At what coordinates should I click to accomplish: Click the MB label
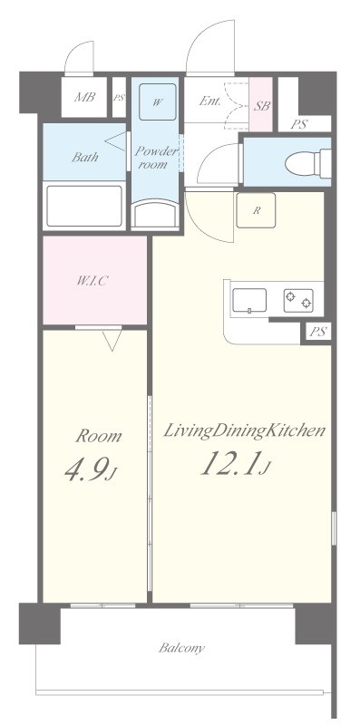pyautogui.click(x=84, y=97)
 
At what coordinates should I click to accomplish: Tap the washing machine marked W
pyautogui.click(x=157, y=101)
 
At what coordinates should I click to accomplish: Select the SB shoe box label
pyautogui.click(x=261, y=106)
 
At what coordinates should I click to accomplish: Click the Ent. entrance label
pyautogui.click(x=209, y=101)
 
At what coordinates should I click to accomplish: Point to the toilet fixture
pyautogui.click(x=307, y=163)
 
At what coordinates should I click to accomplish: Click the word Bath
pyautogui.click(x=84, y=157)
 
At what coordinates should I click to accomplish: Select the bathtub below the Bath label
pyautogui.click(x=84, y=207)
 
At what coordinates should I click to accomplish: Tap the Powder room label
pyautogui.click(x=156, y=157)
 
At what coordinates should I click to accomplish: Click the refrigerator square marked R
pyautogui.click(x=256, y=210)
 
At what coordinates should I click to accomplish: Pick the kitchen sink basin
pyautogui.click(x=249, y=301)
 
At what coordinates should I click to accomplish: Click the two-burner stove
pyautogui.click(x=298, y=301)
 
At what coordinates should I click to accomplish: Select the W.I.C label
pyautogui.click(x=92, y=281)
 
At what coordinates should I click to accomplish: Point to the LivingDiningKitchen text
pyautogui.click(x=244, y=430)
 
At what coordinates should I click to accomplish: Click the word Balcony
pyautogui.click(x=181, y=648)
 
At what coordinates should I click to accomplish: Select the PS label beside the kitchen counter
pyautogui.click(x=318, y=332)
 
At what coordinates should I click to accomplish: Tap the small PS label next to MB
pyautogui.click(x=120, y=98)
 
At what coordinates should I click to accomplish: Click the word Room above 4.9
pyautogui.click(x=99, y=436)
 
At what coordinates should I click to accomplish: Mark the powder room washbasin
pyautogui.click(x=155, y=213)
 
